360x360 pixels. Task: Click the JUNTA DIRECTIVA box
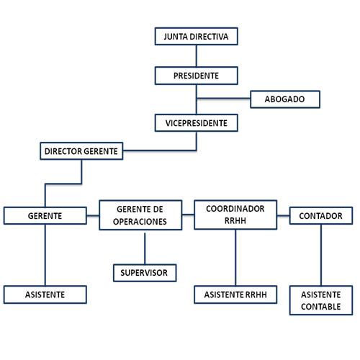pos(196,36)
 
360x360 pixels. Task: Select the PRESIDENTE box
pos(196,75)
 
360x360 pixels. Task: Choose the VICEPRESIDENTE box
pos(196,123)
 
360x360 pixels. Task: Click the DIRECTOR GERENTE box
pos(82,151)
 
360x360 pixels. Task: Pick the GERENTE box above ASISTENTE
pos(45,215)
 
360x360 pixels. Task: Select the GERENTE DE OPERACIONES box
pos(145,215)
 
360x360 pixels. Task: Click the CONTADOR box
pos(321,215)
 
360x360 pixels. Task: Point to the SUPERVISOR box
pos(145,273)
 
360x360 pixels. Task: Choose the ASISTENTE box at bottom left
pos(45,294)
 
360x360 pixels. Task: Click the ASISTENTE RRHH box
pos(235,294)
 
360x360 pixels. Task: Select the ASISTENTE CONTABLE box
pos(321,300)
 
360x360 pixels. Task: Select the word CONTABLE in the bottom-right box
pos(321,307)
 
